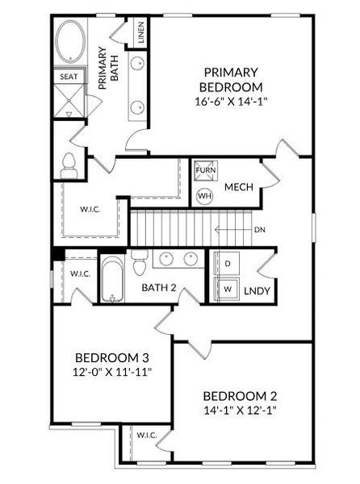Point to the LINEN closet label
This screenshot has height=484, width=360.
[x=140, y=33]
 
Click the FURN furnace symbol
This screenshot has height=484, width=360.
[x=205, y=170]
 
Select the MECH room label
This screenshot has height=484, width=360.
[x=239, y=187]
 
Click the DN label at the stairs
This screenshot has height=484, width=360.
[x=260, y=230]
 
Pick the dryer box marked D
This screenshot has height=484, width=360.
[x=228, y=264]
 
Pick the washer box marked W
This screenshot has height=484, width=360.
[x=228, y=288]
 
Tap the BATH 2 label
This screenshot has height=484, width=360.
[x=159, y=288]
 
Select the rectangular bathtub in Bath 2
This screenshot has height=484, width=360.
[x=111, y=278]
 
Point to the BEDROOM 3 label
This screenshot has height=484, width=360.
[x=111, y=357]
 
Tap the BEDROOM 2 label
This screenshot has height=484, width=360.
[x=240, y=396]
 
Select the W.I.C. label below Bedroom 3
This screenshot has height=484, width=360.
[x=146, y=436]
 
